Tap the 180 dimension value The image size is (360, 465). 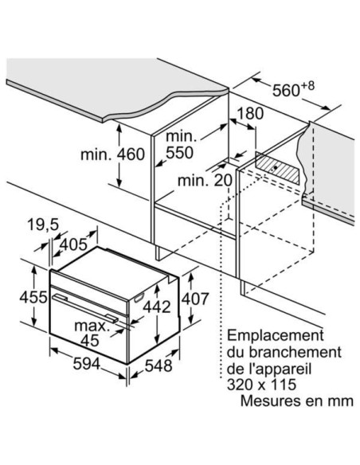coord(250,113)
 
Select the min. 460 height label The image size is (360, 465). coord(112,154)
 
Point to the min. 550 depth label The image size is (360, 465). coord(180,144)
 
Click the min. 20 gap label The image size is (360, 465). coord(205,180)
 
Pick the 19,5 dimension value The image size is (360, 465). coord(44,225)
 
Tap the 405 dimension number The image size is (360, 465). coord(73,244)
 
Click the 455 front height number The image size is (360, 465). coord(33,297)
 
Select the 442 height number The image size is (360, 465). coord(157,307)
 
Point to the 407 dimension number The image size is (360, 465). coord(195,299)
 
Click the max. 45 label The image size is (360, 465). coord(92,333)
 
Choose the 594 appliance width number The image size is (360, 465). coord(87,364)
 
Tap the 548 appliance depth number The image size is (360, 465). coord(158,365)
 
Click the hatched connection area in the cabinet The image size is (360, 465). coord(277,168)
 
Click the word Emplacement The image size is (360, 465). coord(276,336)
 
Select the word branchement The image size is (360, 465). coord(295,352)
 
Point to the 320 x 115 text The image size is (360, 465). coord(261,385)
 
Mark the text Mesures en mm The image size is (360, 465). coord(296,401)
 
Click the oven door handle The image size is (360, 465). coord(85,307)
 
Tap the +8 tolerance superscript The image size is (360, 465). coord(307,86)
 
